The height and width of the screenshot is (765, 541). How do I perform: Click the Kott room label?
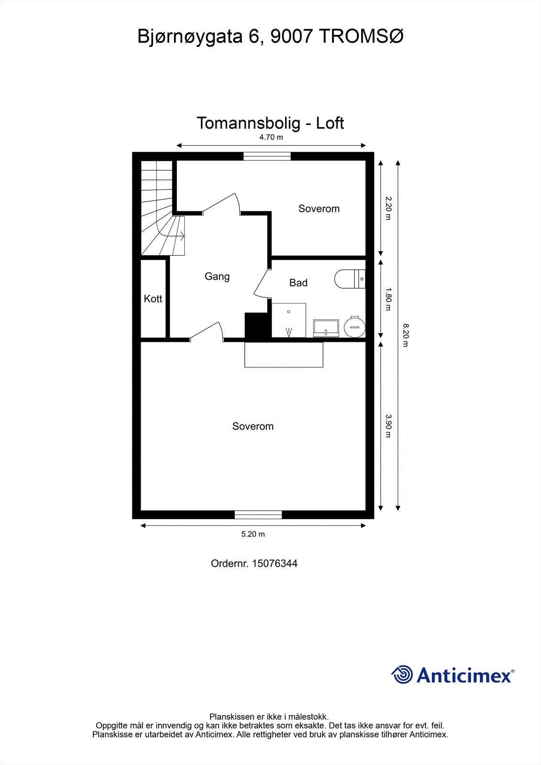click(153, 299)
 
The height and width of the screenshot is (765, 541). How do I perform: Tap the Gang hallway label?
click(217, 276)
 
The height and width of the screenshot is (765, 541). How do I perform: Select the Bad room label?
click(298, 283)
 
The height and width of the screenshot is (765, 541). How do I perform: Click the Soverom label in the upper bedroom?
click(319, 208)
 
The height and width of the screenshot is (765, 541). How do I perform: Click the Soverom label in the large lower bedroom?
click(253, 426)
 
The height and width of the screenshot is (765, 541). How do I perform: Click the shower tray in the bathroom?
click(289, 319)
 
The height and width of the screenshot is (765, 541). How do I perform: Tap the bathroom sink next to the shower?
click(326, 328)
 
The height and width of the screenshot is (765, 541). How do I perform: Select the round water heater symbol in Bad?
click(355, 327)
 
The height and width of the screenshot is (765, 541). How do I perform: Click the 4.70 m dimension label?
click(271, 137)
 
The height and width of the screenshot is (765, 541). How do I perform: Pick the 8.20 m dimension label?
click(405, 335)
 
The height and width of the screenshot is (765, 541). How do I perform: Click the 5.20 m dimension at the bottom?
click(253, 534)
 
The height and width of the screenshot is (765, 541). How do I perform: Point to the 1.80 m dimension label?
click(388, 299)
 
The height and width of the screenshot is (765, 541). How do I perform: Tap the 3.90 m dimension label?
click(388, 426)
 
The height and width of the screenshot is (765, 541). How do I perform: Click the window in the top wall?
click(267, 156)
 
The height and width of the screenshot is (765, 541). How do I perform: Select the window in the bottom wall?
click(258, 514)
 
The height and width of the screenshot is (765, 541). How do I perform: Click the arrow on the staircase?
click(181, 236)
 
